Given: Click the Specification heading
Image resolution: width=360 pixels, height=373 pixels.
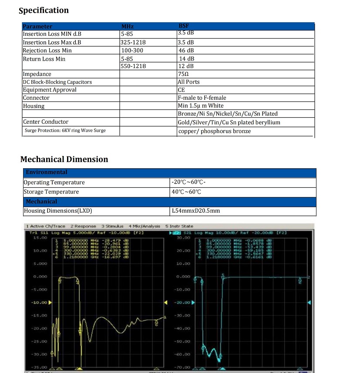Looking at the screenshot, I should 44,10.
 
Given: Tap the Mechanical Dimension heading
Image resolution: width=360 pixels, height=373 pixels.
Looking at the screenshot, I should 64,159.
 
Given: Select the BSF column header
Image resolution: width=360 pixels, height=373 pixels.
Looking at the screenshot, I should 184,26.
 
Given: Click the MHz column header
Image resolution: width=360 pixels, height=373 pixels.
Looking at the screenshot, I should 127,27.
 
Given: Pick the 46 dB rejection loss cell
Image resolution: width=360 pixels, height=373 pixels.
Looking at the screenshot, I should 186,51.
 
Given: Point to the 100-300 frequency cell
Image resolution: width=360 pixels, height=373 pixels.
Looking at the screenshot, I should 132,51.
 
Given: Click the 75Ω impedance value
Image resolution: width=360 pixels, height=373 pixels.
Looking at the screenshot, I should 183,74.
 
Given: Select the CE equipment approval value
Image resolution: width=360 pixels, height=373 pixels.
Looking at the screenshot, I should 182,90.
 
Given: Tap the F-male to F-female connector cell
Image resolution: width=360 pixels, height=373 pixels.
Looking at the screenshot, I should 202,98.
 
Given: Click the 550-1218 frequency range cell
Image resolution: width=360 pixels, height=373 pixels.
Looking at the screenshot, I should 134,66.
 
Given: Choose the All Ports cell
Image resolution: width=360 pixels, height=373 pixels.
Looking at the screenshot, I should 188,82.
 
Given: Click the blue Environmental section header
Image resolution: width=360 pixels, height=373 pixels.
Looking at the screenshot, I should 47,172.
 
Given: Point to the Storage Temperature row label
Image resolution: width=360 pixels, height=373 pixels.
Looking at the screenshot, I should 51,192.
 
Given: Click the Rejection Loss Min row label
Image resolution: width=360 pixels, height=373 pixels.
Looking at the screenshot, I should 47,51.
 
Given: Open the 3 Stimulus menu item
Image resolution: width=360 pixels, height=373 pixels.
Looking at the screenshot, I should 112,226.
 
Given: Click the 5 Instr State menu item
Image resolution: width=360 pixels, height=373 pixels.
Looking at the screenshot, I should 179,226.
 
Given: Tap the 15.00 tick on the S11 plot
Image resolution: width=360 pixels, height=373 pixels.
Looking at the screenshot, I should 40,237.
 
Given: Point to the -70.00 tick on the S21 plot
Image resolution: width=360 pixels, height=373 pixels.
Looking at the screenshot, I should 183,367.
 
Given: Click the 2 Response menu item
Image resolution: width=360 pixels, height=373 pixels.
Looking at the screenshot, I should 83,226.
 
